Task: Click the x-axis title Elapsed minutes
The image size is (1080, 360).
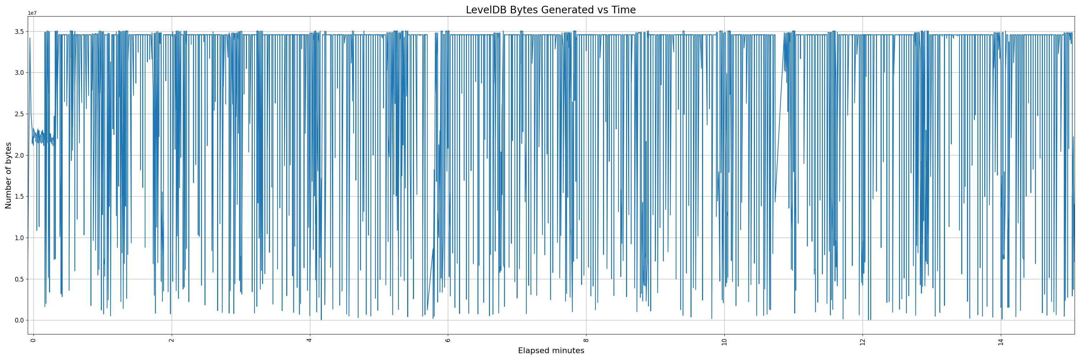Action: point(551,351)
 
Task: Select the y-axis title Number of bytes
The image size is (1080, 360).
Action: point(8,175)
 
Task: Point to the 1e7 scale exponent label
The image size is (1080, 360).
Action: point(32,13)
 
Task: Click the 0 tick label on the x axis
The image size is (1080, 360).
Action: point(33,340)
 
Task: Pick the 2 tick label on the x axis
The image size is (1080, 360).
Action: point(171,340)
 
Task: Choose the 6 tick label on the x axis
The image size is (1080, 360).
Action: point(448,340)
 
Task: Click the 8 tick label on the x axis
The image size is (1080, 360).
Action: point(586,340)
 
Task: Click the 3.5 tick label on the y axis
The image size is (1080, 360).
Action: point(18,31)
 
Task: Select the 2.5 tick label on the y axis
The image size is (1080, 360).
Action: point(18,114)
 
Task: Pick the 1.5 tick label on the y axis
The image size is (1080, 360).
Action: point(18,197)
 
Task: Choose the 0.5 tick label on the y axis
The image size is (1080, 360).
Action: point(18,279)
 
